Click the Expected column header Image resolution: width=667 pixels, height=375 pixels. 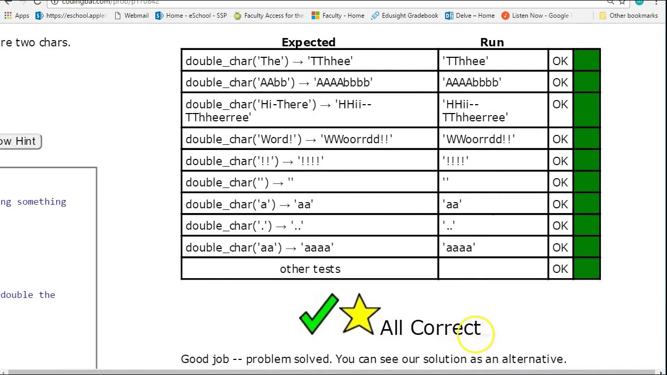308,42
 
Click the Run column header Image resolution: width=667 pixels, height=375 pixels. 492,42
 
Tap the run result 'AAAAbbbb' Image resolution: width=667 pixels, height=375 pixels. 472,83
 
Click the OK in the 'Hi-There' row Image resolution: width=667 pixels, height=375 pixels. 560,105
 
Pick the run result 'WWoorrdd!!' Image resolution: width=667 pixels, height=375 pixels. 478,140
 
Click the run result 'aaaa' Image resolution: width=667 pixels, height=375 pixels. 459,248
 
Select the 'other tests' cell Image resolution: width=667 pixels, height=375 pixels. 310,269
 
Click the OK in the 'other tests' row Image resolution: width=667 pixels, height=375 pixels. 560,269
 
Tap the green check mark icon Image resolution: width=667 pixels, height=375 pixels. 318,314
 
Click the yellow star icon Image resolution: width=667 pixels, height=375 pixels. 360,314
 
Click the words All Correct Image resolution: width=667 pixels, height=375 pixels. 430,328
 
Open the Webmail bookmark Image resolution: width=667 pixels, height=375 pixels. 131,16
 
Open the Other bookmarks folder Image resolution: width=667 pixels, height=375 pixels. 628,16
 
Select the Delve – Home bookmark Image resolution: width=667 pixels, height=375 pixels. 470,16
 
